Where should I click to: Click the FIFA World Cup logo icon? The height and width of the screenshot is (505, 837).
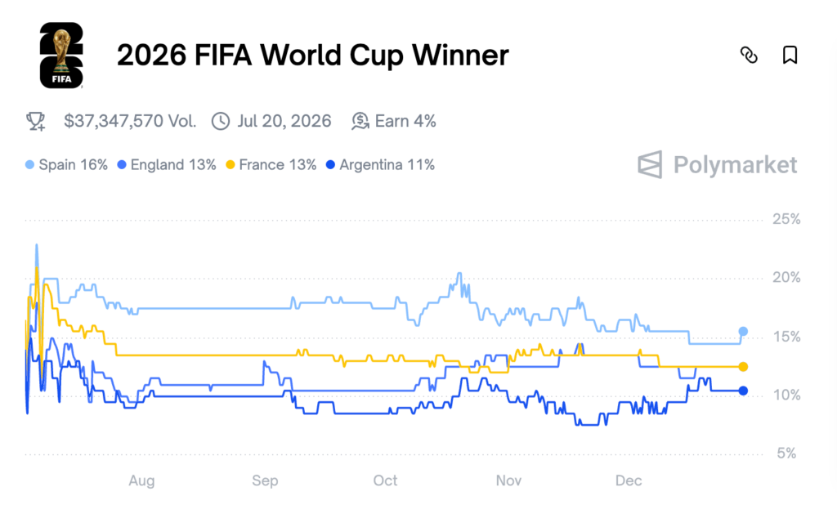click(x=61, y=56)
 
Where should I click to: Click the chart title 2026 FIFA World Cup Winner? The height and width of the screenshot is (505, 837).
click(x=312, y=56)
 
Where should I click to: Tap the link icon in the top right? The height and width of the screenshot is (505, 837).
click(x=749, y=56)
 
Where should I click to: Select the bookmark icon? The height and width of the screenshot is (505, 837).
click(x=790, y=56)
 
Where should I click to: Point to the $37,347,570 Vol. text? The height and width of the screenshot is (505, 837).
click(x=130, y=122)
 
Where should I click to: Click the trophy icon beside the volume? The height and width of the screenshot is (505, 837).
click(x=36, y=122)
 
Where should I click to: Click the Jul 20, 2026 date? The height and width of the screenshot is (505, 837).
click(x=284, y=122)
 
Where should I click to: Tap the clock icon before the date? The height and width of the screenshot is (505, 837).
click(x=221, y=122)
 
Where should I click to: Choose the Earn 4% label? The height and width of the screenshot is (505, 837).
click(x=405, y=122)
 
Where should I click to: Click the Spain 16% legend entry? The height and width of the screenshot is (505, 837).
click(x=67, y=165)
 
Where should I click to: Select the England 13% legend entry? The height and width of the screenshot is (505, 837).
click(x=168, y=165)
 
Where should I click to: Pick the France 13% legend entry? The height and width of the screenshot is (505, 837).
click(x=271, y=165)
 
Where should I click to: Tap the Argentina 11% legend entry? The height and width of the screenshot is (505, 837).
click(x=380, y=165)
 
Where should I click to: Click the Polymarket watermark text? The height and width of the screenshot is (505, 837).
click(x=734, y=165)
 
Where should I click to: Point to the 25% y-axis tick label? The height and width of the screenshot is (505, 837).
click(x=786, y=220)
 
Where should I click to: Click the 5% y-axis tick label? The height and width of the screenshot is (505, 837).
click(x=786, y=454)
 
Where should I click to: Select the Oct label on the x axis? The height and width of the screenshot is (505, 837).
click(x=386, y=481)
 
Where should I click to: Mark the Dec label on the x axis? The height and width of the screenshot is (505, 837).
click(x=629, y=481)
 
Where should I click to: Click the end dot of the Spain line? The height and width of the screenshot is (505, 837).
click(x=743, y=331)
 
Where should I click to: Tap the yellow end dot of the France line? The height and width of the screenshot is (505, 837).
click(x=743, y=367)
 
